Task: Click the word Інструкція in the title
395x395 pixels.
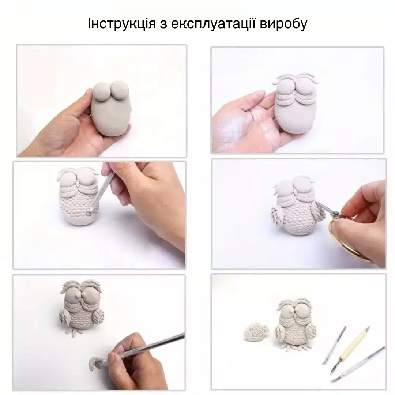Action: click(x=122, y=24)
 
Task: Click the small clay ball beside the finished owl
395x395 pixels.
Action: click(x=256, y=332)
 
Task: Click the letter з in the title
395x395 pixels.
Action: click(x=163, y=25)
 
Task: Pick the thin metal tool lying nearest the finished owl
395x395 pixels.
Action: click(x=334, y=345)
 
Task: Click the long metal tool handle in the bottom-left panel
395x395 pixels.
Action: click(x=151, y=345)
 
